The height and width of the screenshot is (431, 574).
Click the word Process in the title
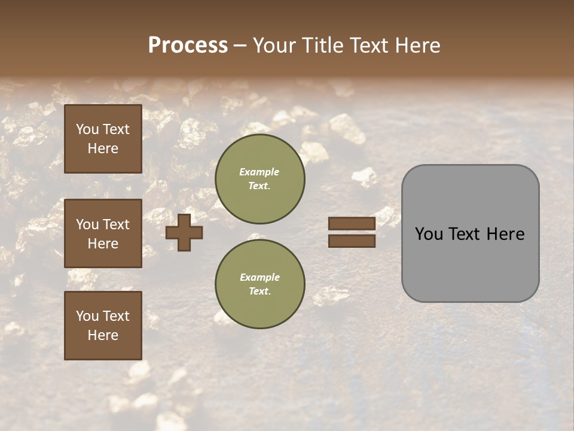pos(188,45)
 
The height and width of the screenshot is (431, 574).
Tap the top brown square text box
pos(103,139)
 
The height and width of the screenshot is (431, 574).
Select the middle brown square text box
pos(103,233)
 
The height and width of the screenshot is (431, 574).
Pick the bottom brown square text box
pos(103,325)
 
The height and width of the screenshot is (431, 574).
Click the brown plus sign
pos(184,232)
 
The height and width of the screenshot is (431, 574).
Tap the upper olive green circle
pos(260,179)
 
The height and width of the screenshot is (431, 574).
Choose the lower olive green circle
pos(260,284)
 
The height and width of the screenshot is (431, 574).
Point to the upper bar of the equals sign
pos(352,224)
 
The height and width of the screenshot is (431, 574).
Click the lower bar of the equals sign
pos(352,241)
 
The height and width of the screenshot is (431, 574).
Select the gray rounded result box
pos(470,233)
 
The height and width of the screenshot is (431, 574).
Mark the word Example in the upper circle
pos(259,172)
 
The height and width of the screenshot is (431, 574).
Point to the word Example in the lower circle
pos(259,278)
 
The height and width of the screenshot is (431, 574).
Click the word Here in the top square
pos(103,148)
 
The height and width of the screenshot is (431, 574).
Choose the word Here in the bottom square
pos(103,335)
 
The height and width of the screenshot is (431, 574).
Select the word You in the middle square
pos(87,224)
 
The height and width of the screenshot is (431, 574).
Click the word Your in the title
pos(274,45)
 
